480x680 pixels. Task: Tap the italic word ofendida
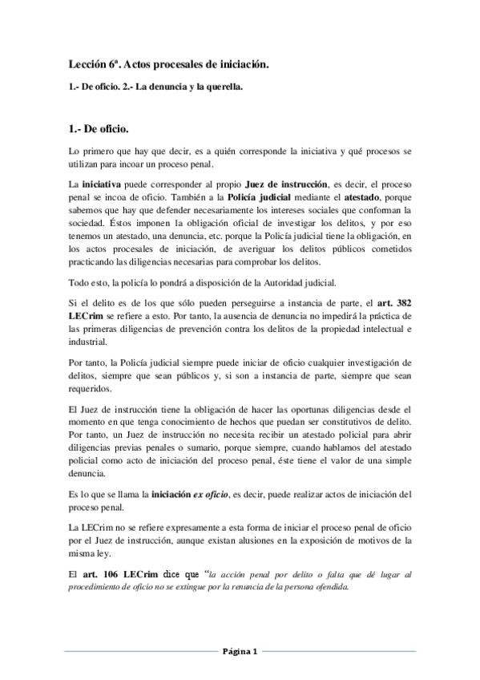[x=329, y=586]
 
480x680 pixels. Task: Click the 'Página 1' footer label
[x=240, y=651]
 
